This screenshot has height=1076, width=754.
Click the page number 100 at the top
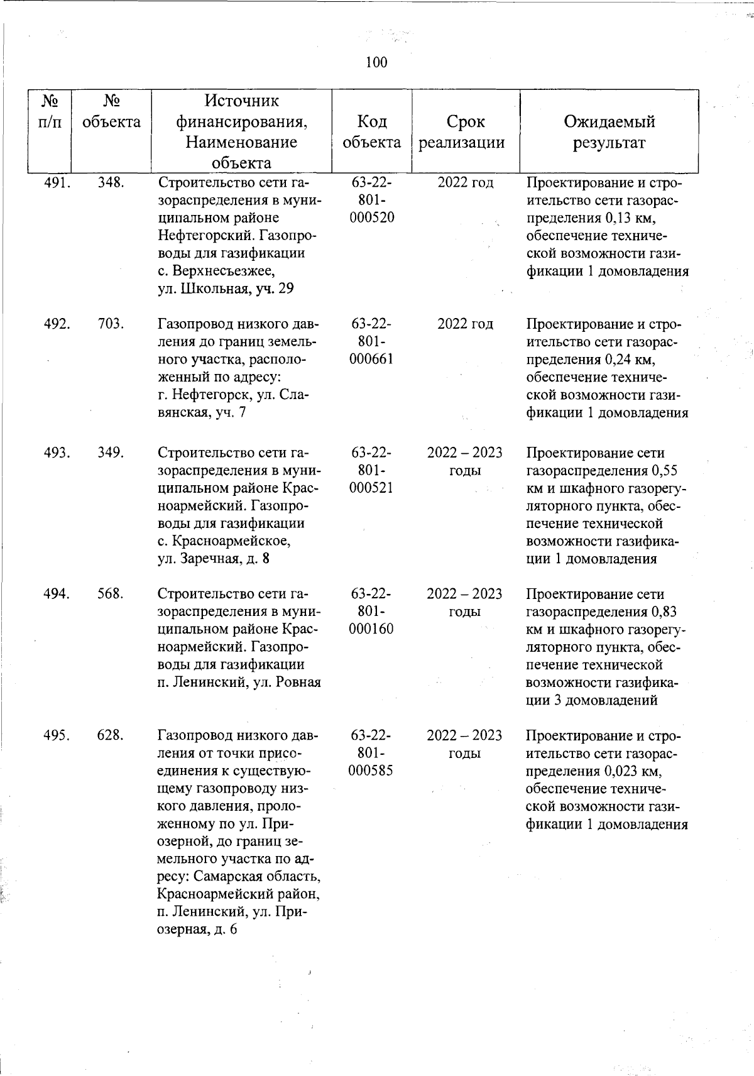pos(376,62)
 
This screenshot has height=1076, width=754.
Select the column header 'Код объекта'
pos(371,131)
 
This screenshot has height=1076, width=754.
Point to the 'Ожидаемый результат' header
pos(609,131)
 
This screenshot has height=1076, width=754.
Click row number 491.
pos(57,183)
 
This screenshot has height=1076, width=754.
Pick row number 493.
pos(57,453)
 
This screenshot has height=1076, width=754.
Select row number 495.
pos(57,735)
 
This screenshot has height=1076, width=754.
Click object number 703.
pos(111,324)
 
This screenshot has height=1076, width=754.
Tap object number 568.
pos(111,594)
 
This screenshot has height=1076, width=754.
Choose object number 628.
pos(111,735)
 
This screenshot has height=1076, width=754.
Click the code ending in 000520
pos(371,218)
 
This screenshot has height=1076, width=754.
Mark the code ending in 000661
pos(371,360)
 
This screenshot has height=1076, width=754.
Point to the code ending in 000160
pos(371,629)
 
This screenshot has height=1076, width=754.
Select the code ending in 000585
pos(371,771)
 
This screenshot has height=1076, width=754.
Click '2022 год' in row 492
pos(465,324)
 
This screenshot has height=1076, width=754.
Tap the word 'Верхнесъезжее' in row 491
pos(221,272)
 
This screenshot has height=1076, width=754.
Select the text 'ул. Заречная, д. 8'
pos(214,559)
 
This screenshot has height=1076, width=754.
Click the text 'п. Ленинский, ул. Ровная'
pos(239,683)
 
